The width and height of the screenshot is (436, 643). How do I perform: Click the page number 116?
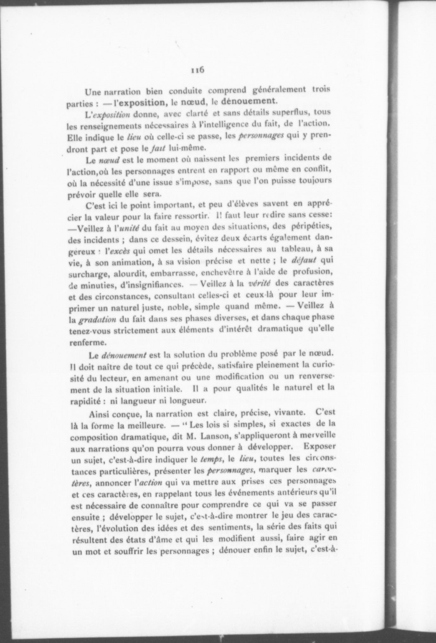coord(197,70)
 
